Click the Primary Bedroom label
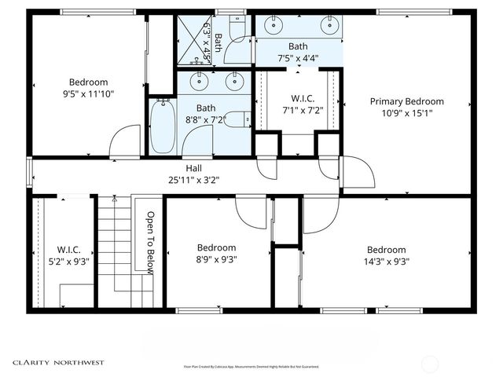click(406, 101)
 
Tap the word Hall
click(193, 168)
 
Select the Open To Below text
click(150, 243)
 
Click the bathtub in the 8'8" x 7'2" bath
click(163, 126)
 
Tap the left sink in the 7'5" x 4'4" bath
click(274, 27)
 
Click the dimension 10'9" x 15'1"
click(406, 113)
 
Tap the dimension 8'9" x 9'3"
click(216, 259)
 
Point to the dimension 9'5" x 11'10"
click(88, 94)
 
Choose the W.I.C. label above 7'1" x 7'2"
click(303, 98)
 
